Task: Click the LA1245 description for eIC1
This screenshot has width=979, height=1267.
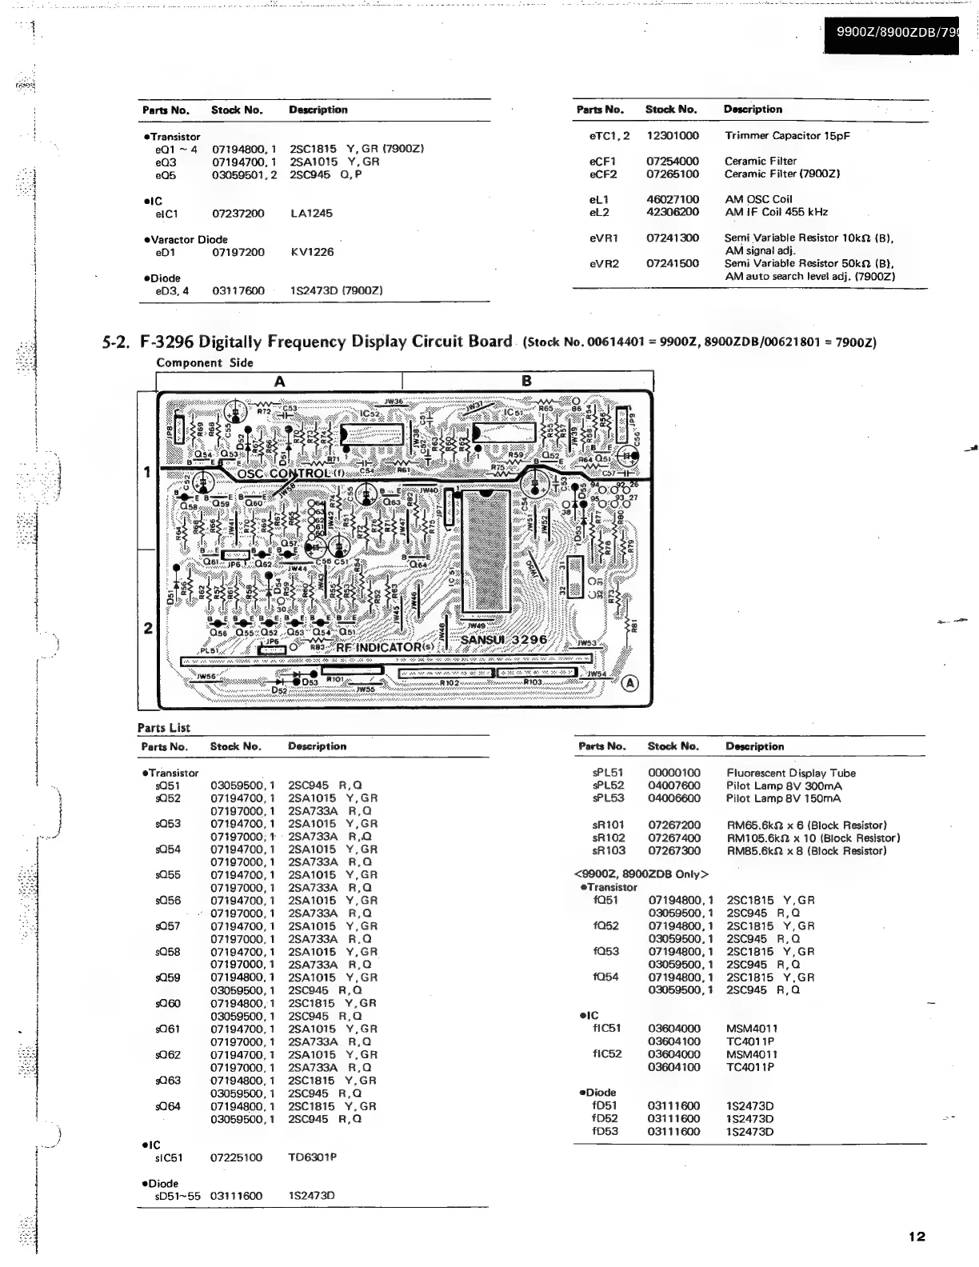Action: (311, 214)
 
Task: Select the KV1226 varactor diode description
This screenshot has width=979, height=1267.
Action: (311, 252)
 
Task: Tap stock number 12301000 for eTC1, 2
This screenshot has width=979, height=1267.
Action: (673, 136)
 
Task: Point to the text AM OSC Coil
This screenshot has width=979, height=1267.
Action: (758, 199)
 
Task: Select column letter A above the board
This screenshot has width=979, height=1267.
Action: (279, 382)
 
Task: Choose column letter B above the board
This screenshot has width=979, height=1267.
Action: (526, 382)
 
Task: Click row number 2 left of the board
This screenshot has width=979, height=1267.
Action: (148, 628)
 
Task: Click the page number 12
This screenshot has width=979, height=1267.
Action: (917, 1237)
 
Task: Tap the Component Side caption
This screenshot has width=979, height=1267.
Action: (205, 362)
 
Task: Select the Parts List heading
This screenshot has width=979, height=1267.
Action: (163, 727)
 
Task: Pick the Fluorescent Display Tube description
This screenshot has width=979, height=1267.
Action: (790, 773)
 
